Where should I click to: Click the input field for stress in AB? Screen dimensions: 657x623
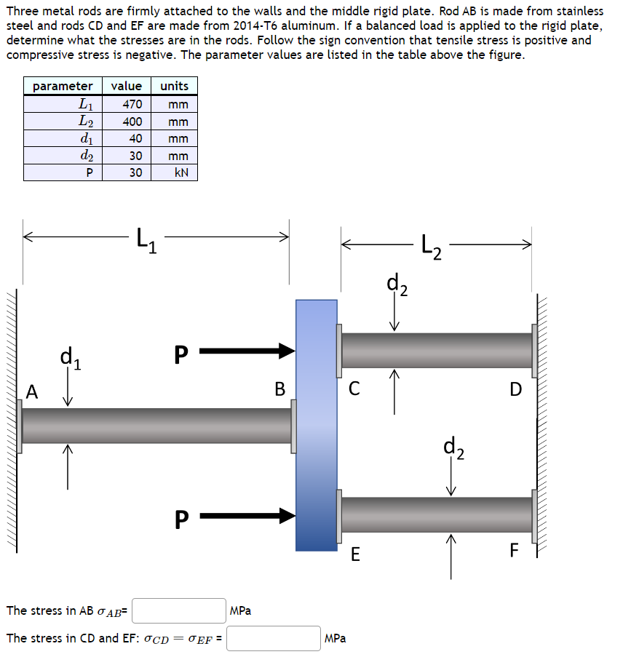(x=179, y=610)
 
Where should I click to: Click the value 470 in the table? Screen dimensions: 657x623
(x=132, y=104)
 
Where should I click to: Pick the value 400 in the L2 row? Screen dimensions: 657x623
(x=132, y=121)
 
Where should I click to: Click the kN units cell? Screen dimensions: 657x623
(x=175, y=172)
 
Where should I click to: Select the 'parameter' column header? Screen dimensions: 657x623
(x=63, y=86)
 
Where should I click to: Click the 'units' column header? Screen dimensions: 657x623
(x=174, y=86)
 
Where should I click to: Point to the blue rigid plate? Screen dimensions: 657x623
(x=317, y=425)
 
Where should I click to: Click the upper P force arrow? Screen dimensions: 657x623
(x=247, y=352)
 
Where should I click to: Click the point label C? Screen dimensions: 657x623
(x=354, y=389)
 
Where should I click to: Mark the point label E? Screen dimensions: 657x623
(x=354, y=555)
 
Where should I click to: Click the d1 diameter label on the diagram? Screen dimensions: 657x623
(x=71, y=358)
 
